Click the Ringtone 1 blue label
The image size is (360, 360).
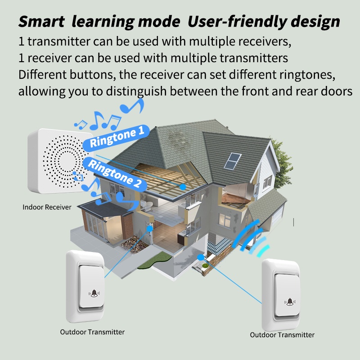[x=117, y=137]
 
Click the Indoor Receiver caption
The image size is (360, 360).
[x=47, y=207]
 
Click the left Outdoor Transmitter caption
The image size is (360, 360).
[x=92, y=332]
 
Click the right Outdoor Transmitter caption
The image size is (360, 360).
[x=282, y=335]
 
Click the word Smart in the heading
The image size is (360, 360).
[x=42, y=21]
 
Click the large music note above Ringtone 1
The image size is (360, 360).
[x=133, y=106]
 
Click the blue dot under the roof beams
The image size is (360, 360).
[x=183, y=185]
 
